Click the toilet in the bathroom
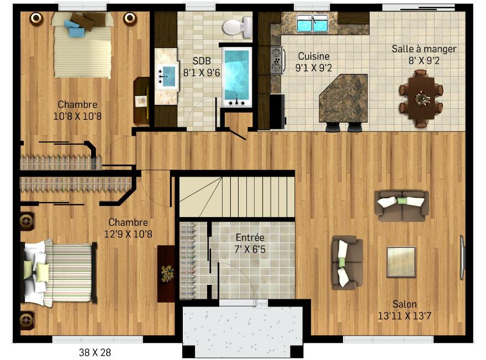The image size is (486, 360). tap(237, 27)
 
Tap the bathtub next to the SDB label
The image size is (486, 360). tap(236, 76)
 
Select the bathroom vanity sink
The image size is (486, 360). tap(167, 76)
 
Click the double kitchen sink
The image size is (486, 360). tap(312, 23)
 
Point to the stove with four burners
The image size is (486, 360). tap(277, 60)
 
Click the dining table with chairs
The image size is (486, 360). tap(421, 98)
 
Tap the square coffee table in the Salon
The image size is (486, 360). tap(401, 262)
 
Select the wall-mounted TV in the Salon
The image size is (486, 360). tap(462, 258)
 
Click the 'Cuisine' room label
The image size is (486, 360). tap(314, 56)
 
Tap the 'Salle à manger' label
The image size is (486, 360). tap(424, 49)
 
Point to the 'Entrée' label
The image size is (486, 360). tap(250, 237)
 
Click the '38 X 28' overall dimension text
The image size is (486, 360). tap(95, 352)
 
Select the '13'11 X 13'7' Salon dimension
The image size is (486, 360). tap(404, 316)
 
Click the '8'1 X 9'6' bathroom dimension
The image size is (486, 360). tap(202, 72)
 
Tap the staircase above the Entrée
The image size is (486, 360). tap(237, 197)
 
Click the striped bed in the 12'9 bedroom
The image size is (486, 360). tap(59, 273)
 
